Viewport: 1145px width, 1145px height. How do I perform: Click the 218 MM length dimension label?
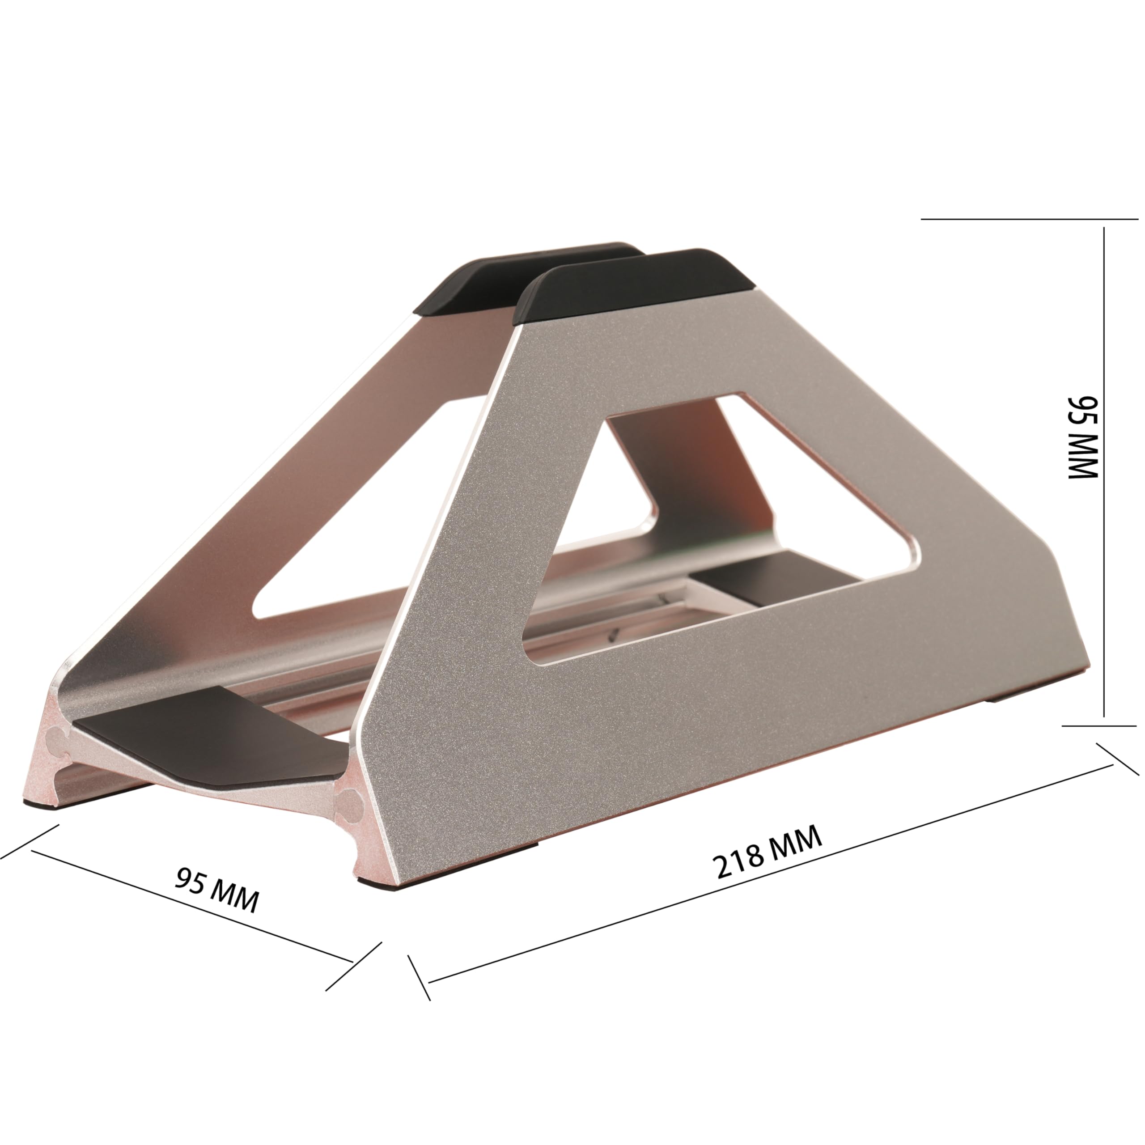768,853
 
